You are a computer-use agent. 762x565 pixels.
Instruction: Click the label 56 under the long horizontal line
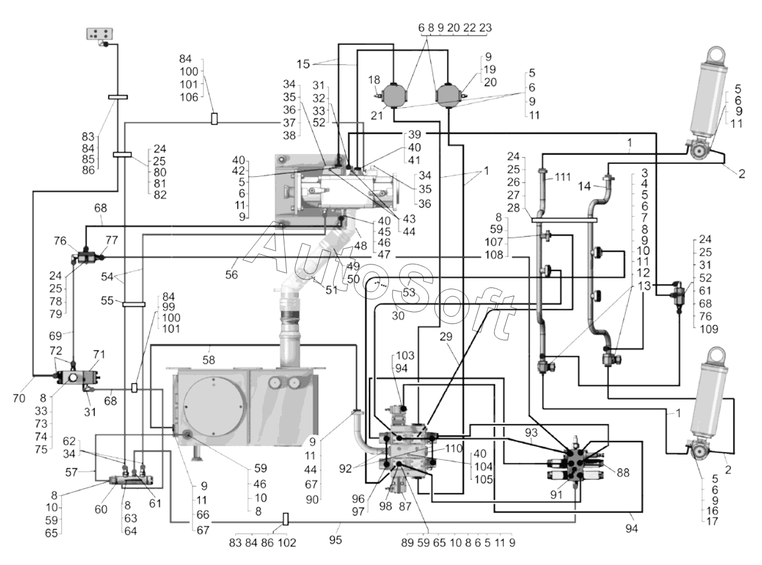[232, 275]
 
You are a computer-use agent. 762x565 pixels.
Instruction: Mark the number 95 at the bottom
[335, 540]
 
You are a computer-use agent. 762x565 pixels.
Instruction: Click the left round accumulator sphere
[394, 95]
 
